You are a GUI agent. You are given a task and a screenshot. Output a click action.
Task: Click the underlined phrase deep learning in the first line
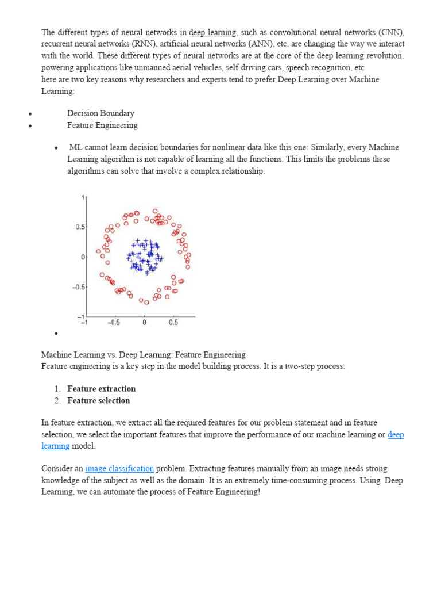[x=213, y=32]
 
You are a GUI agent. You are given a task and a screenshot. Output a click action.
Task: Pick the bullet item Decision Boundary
[x=100, y=113]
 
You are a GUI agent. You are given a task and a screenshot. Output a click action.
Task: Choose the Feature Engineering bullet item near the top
[x=102, y=125]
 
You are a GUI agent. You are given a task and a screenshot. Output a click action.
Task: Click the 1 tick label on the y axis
[x=83, y=197]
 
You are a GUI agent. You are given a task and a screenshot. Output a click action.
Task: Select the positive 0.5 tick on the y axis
[x=80, y=227]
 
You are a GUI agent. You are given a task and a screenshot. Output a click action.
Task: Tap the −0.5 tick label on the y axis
[x=78, y=287]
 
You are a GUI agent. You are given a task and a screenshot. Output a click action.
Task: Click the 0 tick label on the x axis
[x=144, y=322]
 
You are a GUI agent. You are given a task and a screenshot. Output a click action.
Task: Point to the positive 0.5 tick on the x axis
[x=173, y=322]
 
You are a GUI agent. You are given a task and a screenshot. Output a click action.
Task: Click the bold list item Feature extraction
[x=101, y=389]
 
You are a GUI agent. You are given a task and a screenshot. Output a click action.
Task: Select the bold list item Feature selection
[x=98, y=400]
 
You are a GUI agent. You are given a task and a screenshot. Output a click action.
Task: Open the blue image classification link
[x=119, y=469]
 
